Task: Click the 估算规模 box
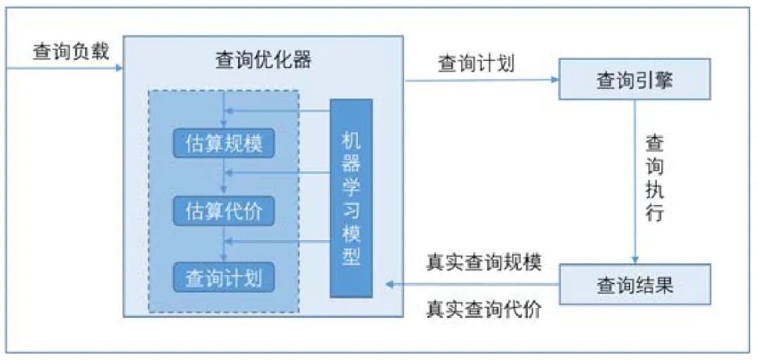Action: coord(223,144)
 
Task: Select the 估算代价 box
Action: coord(223,211)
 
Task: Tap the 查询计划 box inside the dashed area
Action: coord(223,279)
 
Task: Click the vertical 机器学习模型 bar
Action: coord(351,198)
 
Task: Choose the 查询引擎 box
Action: coord(634,80)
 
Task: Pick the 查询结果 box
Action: coord(634,285)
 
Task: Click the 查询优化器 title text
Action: coord(263,60)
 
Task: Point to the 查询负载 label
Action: coord(71,52)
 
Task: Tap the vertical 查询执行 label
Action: coord(654,178)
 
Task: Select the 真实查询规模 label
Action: coord(484,262)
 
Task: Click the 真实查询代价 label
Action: coord(484,309)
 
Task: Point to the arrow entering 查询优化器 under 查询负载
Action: coord(63,68)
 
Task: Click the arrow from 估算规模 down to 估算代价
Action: coord(223,176)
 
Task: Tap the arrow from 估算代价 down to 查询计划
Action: coord(223,244)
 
